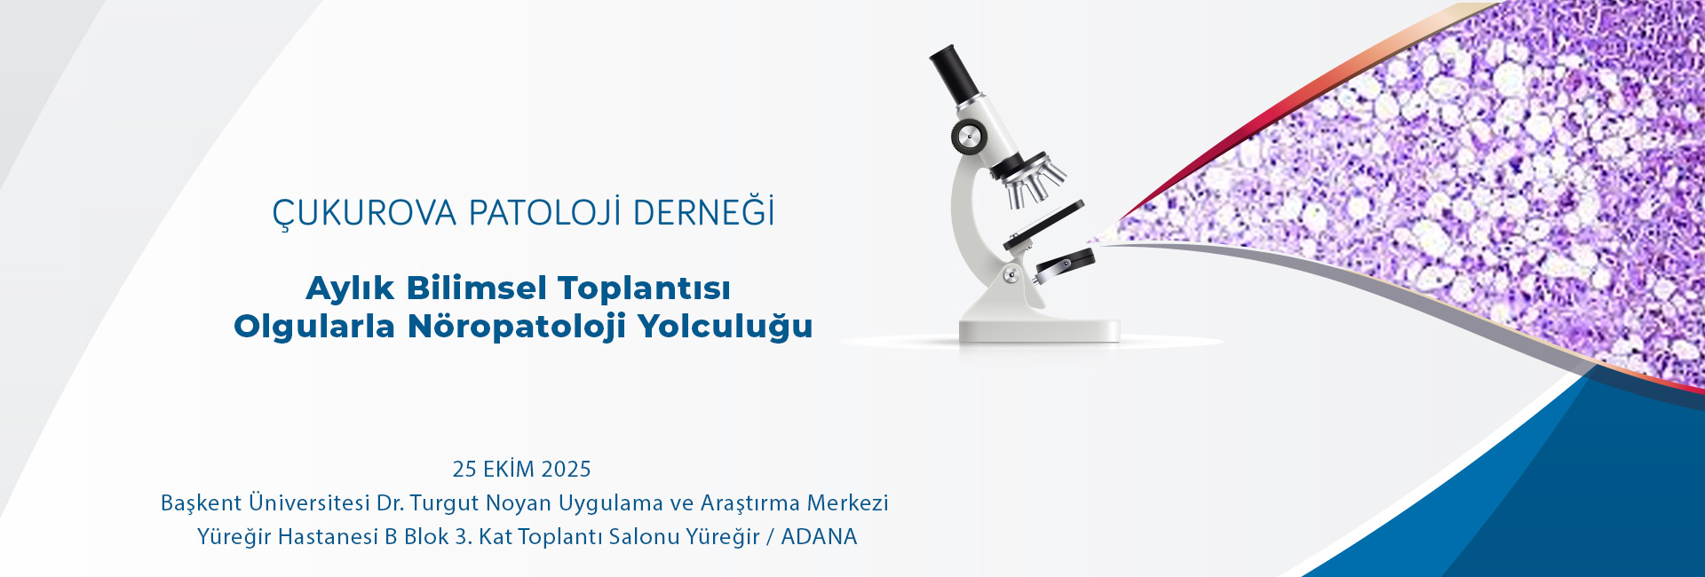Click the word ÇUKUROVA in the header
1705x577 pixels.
pyautogui.click(x=364, y=214)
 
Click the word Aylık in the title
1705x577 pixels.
pyautogui.click(x=350, y=289)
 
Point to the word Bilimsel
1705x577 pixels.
pyautogui.click(x=477, y=288)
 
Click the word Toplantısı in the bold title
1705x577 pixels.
pyautogui.click(x=645, y=289)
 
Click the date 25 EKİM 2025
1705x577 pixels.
pyautogui.click(x=521, y=469)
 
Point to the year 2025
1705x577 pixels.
pyautogui.click(x=566, y=469)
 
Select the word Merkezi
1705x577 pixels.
pyautogui.click(x=847, y=502)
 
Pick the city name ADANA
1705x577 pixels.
pyautogui.click(x=819, y=537)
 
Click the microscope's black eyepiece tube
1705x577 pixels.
pyautogui.click(x=953, y=74)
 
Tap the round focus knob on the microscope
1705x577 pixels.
pyautogui.click(x=969, y=137)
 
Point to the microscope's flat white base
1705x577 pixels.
pyautogui.click(x=1039, y=330)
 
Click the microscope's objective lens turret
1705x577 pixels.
pyautogui.click(x=1032, y=180)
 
